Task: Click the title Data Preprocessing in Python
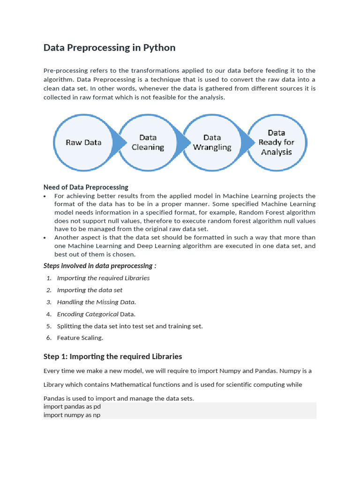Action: (x=109, y=48)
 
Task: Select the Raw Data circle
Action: (x=83, y=142)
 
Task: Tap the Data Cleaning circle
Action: (x=148, y=142)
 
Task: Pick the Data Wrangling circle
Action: (x=212, y=142)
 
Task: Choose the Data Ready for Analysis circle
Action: (x=277, y=142)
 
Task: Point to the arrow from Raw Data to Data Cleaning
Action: (x=120, y=142)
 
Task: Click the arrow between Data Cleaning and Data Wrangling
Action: (x=185, y=142)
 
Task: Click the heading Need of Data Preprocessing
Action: (x=86, y=187)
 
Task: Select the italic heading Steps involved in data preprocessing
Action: (x=100, y=266)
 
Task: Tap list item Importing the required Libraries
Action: (x=103, y=278)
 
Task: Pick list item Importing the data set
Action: (x=90, y=290)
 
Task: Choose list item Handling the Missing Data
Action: (x=97, y=302)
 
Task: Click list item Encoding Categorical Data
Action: (x=96, y=314)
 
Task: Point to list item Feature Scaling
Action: (x=80, y=337)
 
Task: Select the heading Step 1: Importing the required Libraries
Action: (x=112, y=357)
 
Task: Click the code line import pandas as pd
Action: (x=72, y=406)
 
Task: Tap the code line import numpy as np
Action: (x=72, y=415)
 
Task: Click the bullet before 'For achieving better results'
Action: (x=45, y=196)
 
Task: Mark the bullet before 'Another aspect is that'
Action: (x=45, y=238)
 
